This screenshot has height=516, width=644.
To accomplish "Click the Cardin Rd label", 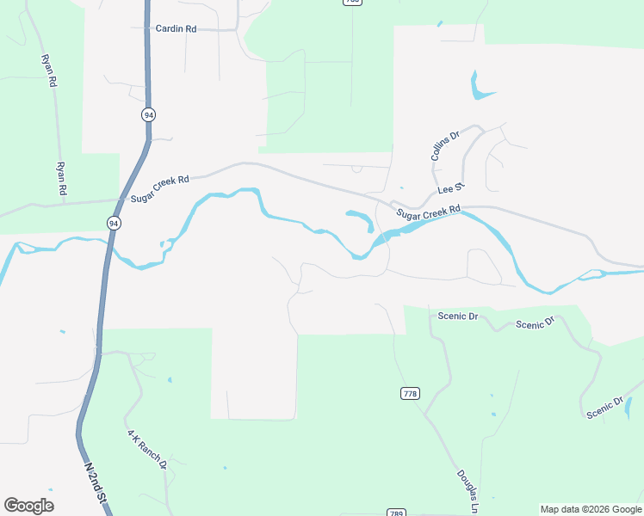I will point(176,28).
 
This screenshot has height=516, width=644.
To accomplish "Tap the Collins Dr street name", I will point(446,146).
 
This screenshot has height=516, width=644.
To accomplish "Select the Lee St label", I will point(450,188).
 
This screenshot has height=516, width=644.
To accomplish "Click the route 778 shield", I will point(410,393).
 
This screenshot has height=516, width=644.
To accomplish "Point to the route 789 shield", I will point(395,512).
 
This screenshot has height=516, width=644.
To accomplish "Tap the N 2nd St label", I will point(96,483).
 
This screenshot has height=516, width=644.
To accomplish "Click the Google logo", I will point(28,505).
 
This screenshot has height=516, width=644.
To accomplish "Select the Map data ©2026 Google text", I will point(591,509).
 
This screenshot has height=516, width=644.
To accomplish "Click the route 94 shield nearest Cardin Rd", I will point(149,114).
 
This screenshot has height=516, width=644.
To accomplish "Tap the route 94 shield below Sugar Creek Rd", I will point(114,223).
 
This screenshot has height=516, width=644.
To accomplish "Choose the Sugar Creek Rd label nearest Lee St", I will point(429,212).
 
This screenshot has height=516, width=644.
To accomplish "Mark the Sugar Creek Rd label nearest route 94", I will point(159,189).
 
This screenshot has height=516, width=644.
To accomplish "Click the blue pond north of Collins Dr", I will point(479,86).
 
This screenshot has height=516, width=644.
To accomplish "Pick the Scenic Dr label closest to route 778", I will point(457,316).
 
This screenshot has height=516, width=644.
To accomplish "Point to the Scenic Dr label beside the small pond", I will point(604,408).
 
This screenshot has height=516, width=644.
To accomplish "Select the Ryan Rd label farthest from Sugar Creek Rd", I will point(48,71).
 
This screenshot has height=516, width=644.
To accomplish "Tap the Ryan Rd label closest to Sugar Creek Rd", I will point(62,179).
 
